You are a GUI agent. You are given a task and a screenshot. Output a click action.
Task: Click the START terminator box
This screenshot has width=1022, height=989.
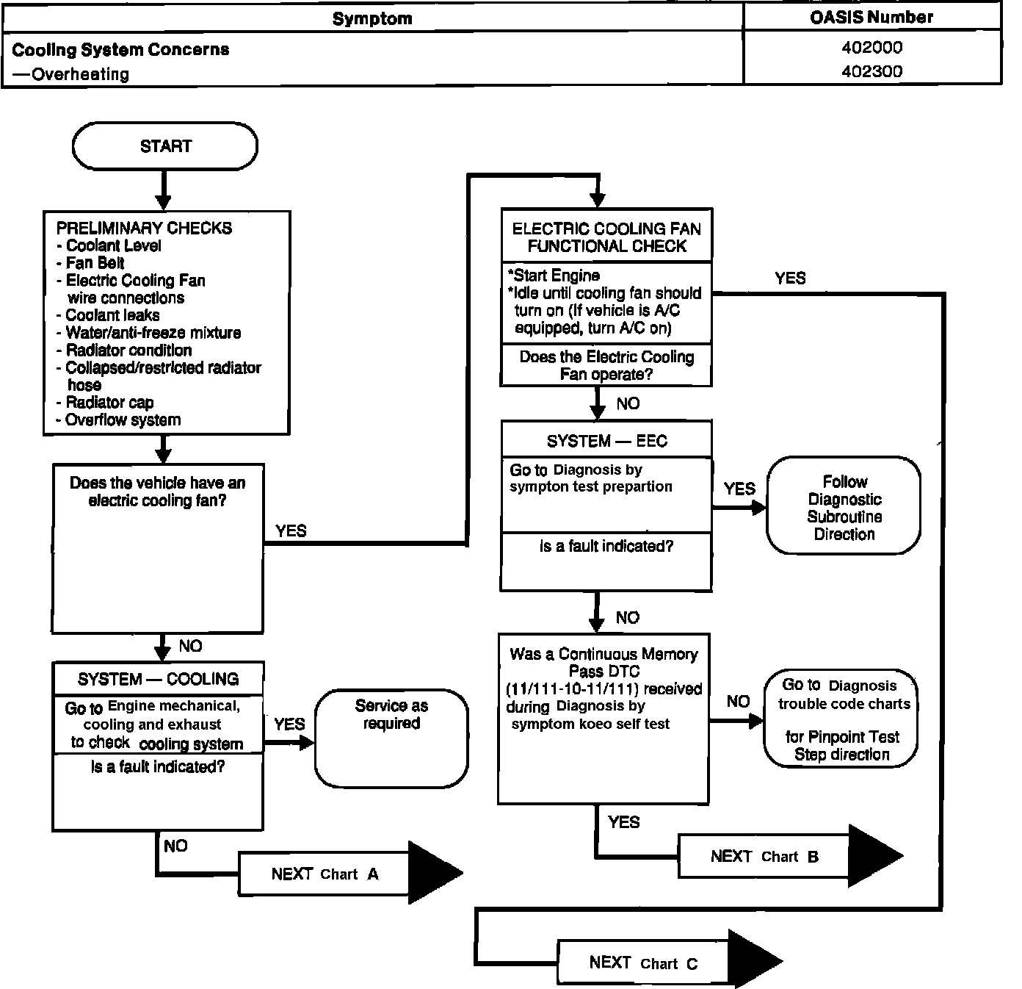[x=164, y=146]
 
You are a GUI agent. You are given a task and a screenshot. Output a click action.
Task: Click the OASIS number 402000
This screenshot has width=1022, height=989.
[x=871, y=48]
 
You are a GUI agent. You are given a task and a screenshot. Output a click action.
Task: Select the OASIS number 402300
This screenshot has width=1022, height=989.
[x=871, y=72]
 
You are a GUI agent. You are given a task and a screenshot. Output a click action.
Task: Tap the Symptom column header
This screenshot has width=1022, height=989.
[x=372, y=18]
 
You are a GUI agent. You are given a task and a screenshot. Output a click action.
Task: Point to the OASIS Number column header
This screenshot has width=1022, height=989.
[x=871, y=17]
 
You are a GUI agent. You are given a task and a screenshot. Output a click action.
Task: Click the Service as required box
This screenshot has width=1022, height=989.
[x=391, y=738]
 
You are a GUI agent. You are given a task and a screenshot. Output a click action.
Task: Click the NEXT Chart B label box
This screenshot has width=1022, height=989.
[x=763, y=856]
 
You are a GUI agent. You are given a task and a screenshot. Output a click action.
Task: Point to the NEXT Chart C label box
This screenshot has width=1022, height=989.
[x=642, y=963]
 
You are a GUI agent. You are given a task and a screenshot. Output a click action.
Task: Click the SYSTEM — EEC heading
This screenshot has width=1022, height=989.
[x=606, y=441]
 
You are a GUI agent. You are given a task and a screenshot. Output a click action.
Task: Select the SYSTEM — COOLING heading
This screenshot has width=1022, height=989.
[x=158, y=679]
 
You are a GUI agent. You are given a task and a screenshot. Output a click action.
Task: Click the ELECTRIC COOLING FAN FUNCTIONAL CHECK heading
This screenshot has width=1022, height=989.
[x=606, y=237]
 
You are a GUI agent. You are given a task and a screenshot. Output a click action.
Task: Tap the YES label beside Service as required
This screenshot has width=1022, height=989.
[x=289, y=724]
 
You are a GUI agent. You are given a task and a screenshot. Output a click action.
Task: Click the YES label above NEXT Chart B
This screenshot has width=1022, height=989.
[x=623, y=822]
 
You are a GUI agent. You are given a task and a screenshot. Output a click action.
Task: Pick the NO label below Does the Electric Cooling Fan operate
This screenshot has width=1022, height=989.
[x=628, y=403]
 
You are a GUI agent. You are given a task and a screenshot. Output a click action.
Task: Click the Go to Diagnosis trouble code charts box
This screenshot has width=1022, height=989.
[x=841, y=719]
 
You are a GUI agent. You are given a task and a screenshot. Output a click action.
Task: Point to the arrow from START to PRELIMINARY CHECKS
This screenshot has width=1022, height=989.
[x=164, y=190]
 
